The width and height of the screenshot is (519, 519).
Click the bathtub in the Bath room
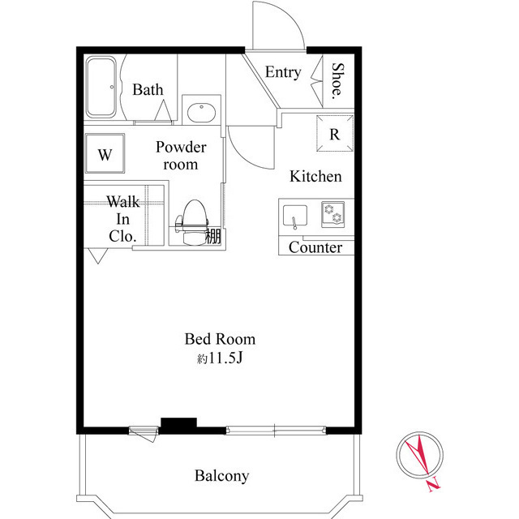[x=103, y=88]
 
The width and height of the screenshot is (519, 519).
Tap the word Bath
[x=148, y=90]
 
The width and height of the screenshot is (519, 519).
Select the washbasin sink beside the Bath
[x=199, y=111]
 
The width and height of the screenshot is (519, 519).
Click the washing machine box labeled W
[x=105, y=153]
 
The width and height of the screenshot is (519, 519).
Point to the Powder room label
[x=181, y=156]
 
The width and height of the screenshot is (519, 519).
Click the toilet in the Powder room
[x=193, y=221]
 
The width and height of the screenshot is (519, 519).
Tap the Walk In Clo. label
[x=123, y=218]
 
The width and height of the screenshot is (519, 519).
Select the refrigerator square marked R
[x=334, y=134]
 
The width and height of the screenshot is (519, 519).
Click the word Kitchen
[x=316, y=177]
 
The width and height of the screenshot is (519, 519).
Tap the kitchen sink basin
[x=295, y=217]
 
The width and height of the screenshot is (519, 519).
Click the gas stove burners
[x=332, y=214]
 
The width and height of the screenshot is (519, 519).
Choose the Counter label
[x=315, y=248]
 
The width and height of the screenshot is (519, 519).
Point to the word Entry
[x=283, y=72]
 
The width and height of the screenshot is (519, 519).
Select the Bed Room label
[x=220, y=339]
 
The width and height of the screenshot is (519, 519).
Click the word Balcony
[x=221, y=476]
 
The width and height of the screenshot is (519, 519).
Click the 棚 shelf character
[x=213, y=237]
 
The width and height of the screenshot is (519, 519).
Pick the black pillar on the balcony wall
[x=178, y=423]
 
